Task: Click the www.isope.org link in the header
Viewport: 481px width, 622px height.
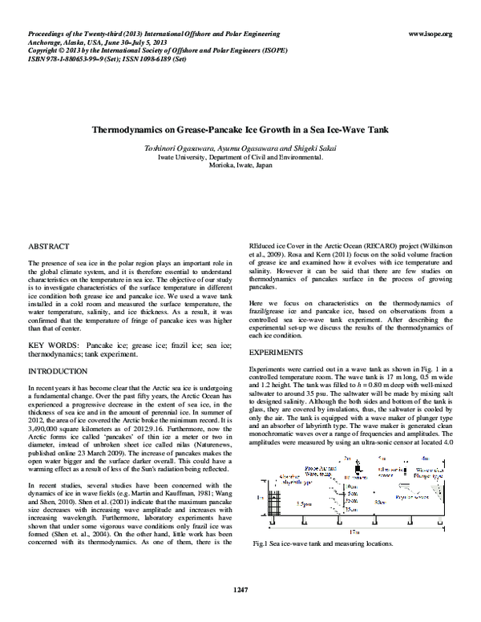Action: (430, 34)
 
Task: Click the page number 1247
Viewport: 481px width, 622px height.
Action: (240, 589)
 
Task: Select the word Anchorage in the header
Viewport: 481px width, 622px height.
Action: (45, 42)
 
